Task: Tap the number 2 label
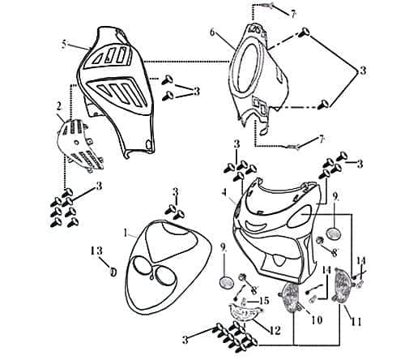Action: point(58,106)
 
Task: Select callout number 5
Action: point(64,44)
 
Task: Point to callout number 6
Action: point(212,33)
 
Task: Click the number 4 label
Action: point(223,192)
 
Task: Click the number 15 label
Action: point(263,301)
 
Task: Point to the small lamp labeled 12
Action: point(244,312)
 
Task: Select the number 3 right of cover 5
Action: point(196,92)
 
